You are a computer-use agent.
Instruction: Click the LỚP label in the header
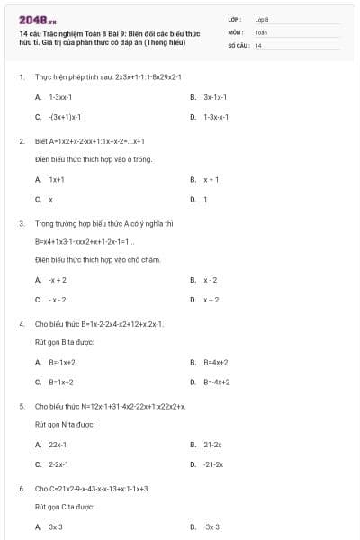tap(236, 19)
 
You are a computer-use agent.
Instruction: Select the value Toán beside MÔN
tap(261, 31)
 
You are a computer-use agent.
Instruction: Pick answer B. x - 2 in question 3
tap(211, 280)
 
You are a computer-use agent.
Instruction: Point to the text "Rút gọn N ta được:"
tap(65, 424)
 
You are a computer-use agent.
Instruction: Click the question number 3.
tap(21, 222)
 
